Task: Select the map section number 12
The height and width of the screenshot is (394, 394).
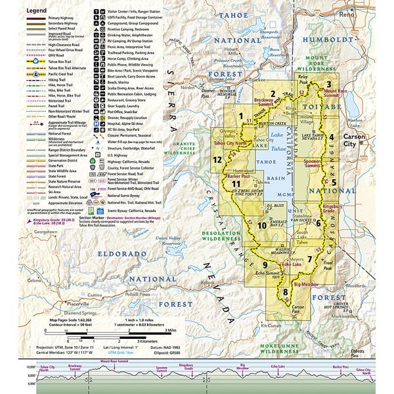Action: (216, 160)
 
